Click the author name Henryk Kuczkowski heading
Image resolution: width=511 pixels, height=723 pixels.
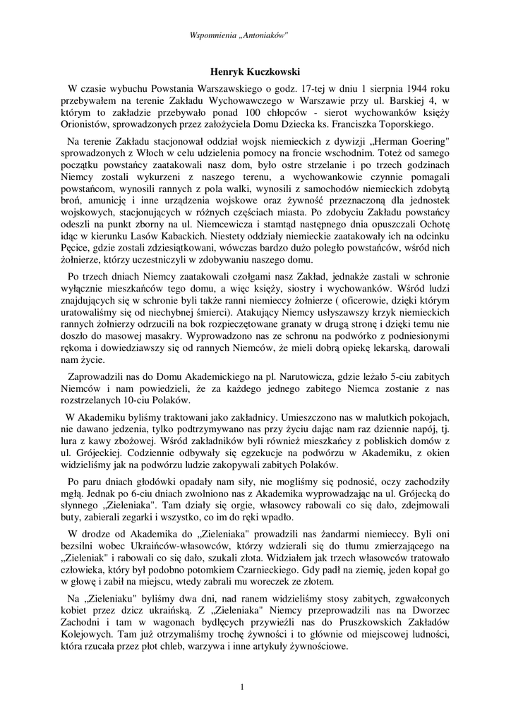click(255, 71)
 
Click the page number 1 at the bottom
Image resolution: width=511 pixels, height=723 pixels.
click(242, 687)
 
